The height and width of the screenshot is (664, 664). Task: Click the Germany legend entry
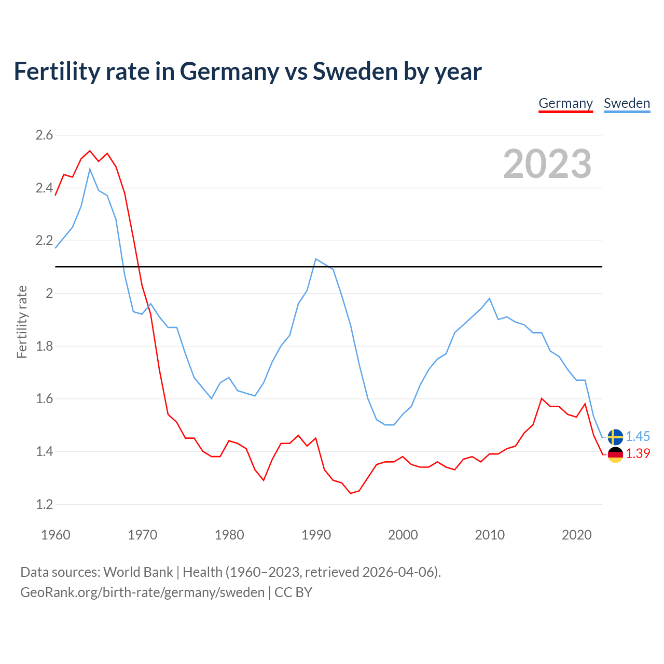565,103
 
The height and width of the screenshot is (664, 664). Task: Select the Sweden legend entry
627,103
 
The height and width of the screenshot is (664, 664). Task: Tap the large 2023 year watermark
547,164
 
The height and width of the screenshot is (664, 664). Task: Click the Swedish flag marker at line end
615,437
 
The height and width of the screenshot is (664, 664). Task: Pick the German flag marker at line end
615,454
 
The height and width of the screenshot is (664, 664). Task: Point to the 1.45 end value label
638,437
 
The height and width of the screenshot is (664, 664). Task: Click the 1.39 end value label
638,454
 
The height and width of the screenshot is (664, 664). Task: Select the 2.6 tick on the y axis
44,135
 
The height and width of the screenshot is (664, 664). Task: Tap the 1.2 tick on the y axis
44,504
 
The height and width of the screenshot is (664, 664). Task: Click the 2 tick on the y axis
49,294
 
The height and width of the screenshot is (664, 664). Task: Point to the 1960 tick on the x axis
56,535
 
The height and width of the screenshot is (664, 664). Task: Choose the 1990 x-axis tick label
316,535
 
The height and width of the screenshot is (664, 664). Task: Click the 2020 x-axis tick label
576,535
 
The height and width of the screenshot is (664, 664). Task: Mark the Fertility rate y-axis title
22,322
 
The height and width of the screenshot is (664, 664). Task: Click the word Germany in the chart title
229,72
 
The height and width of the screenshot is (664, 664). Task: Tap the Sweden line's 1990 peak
316,258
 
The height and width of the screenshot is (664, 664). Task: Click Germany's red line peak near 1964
90,151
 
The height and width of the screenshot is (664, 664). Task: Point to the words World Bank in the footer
138,572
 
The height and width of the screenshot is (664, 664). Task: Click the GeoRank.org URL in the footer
142,592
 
